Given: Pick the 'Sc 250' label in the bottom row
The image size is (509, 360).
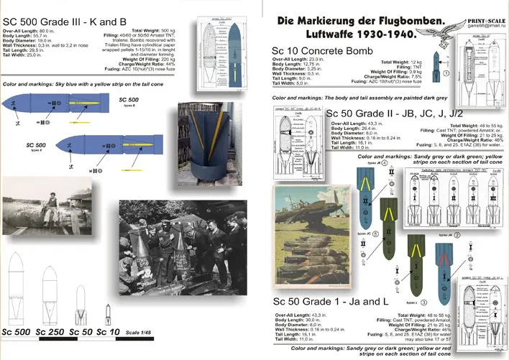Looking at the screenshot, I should [x=57, y=331].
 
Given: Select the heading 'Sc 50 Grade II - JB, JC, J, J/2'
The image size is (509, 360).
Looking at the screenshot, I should [x=396, y=114].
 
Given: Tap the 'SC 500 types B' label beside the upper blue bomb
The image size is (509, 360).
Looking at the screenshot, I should [x=129, y=100].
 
